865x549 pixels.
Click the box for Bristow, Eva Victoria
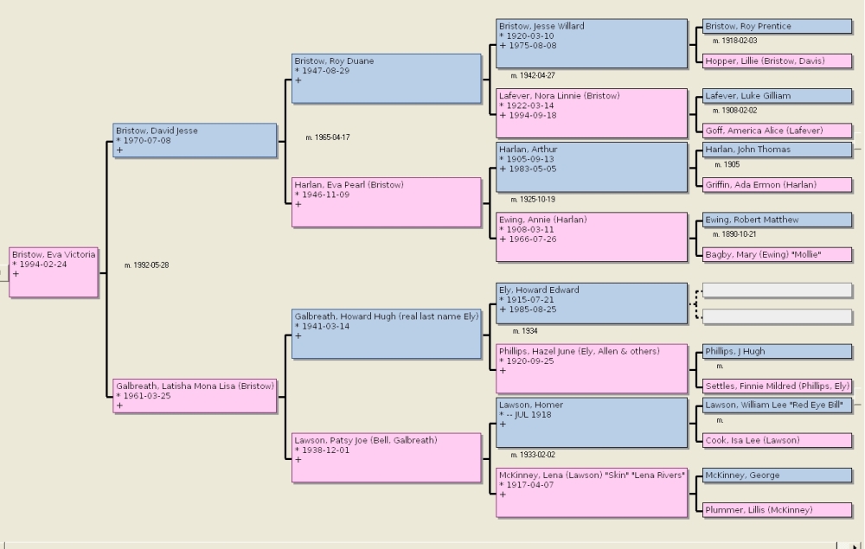[54, 272]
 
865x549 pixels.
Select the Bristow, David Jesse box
[195, 141]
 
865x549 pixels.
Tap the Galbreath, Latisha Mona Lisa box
[195, 396]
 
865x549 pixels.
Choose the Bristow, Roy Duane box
[386, 79]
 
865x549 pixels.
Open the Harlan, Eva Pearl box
[386, 202]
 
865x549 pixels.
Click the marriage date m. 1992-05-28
[147, 265]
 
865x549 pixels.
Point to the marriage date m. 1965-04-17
[328, 137]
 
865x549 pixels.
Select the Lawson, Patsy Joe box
[386, 457]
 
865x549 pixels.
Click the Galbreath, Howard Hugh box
[386, 334]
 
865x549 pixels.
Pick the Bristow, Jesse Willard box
[592, 43]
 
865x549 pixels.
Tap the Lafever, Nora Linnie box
[592, 113]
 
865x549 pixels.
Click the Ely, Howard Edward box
[592, 303]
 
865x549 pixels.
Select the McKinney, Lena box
[592, 493]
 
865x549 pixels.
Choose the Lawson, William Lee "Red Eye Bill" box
[778, 405]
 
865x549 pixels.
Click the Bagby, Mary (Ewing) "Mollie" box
[778, 255]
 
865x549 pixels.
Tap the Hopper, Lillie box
[778, 61]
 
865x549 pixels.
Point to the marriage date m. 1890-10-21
[734, 234]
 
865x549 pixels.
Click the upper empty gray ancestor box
[778, 290]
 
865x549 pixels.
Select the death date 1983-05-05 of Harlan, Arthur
[531, 169]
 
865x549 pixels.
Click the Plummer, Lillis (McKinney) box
[778, 510]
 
